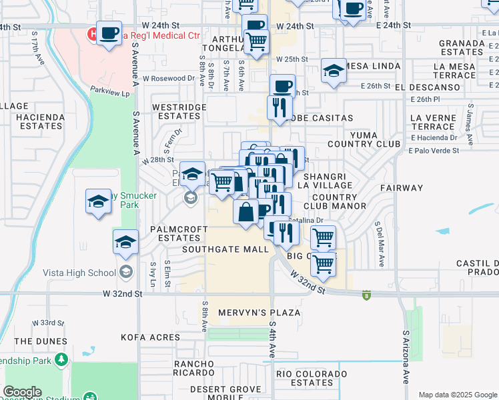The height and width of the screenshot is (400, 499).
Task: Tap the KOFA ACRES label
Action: pos(151,337)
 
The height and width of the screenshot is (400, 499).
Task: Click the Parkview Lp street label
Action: pos(110,93)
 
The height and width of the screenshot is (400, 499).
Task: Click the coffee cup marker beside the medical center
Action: pos(109,32)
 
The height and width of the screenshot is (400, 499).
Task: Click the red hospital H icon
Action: pos(90,33)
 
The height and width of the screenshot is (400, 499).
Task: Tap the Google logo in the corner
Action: pos(22,392)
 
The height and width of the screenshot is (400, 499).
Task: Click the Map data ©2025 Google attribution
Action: pos(457,395)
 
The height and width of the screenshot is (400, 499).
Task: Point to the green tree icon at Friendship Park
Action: pos(61,360)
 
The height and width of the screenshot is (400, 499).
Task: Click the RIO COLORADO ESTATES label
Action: pos(305,378)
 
